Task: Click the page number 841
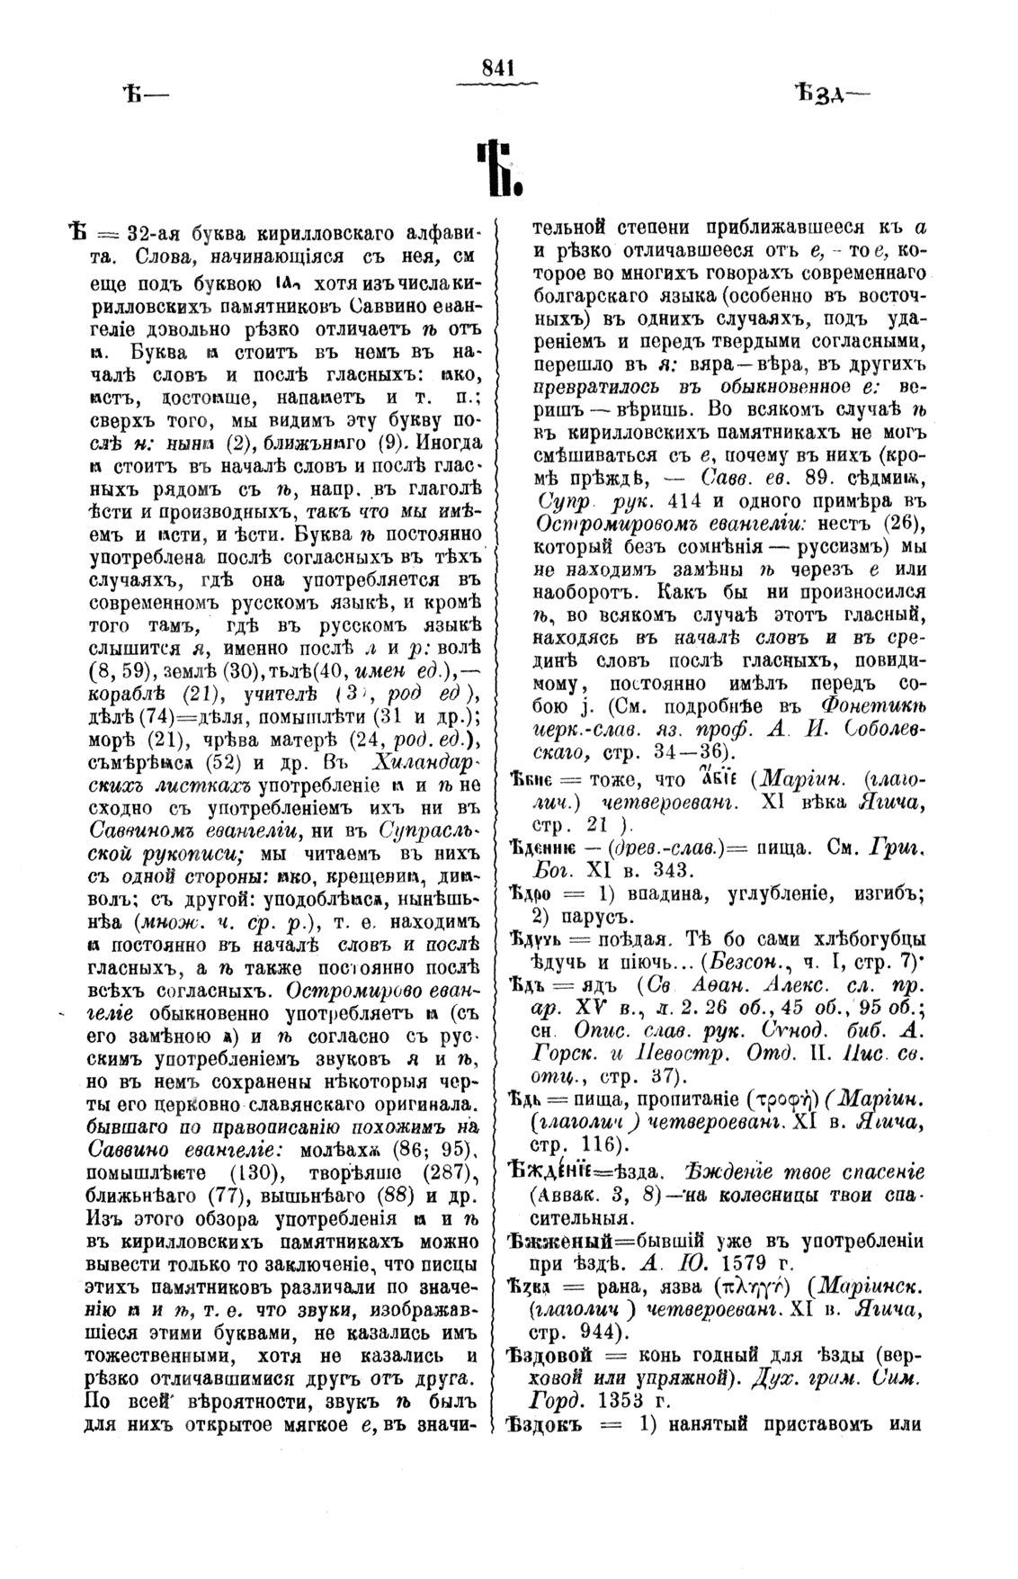coord(497,66)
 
